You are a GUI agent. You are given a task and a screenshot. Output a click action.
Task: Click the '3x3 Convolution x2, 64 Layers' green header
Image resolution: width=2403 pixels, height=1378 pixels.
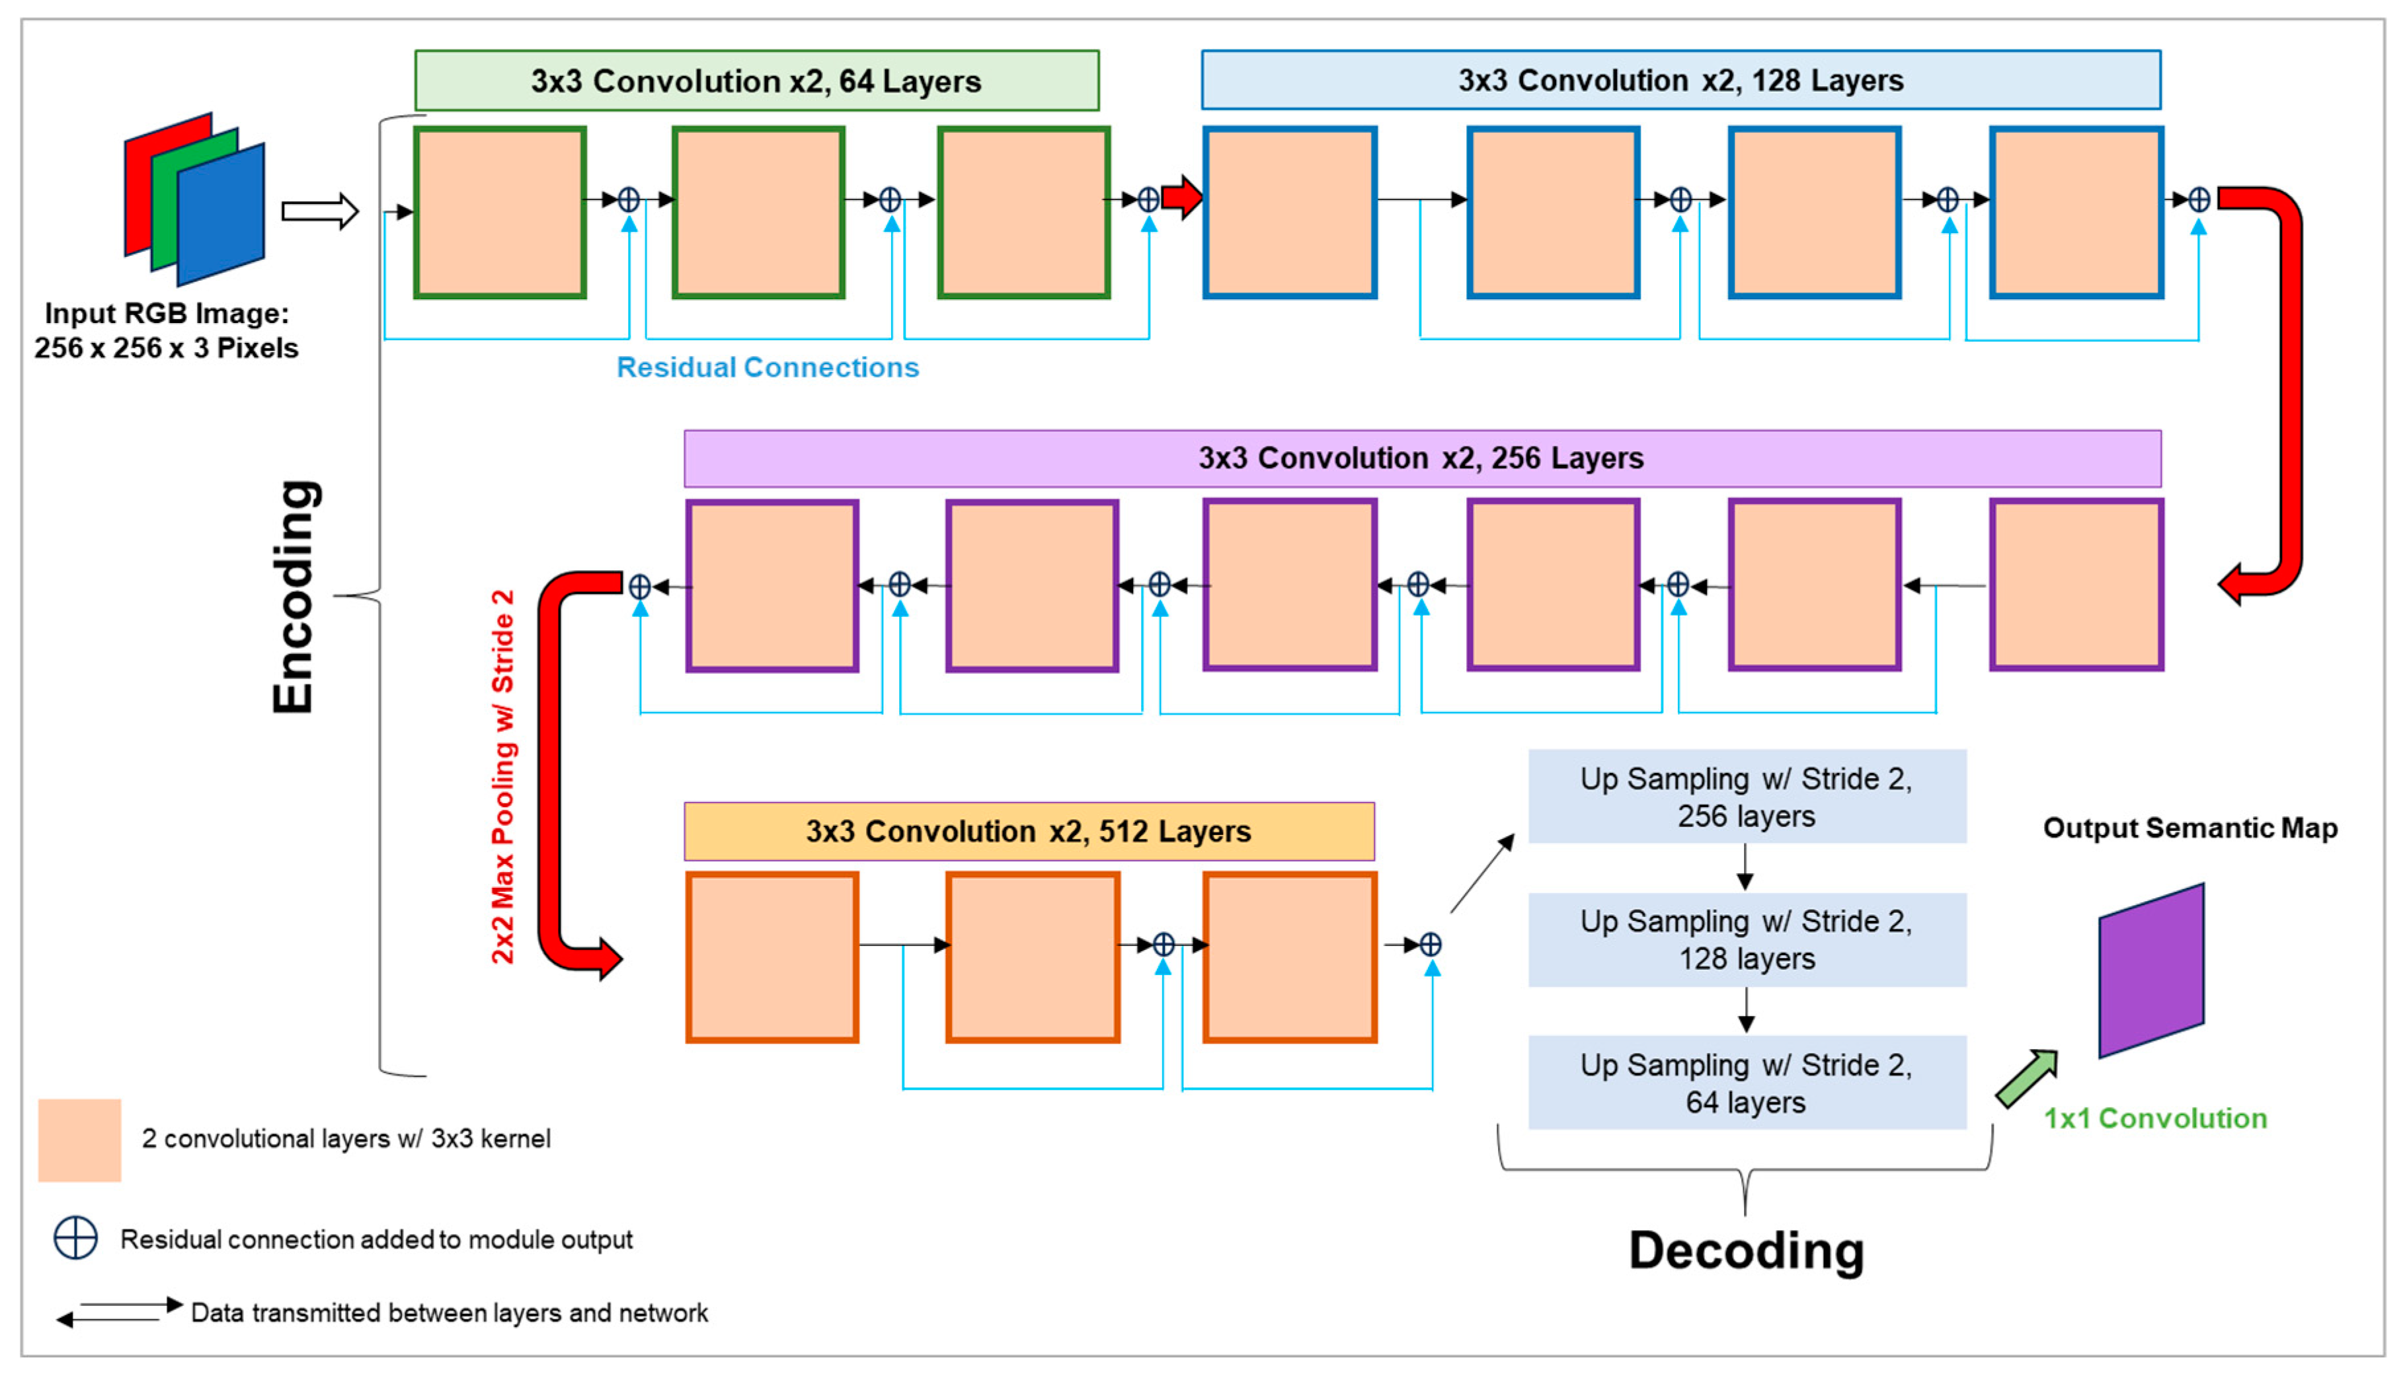point(756,81)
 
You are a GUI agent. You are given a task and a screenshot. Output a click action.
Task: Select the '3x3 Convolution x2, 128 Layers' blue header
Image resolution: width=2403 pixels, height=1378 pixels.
point(1680,81)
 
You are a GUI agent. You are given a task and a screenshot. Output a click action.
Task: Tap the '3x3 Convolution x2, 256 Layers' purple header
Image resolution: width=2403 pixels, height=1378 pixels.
point(1421,458)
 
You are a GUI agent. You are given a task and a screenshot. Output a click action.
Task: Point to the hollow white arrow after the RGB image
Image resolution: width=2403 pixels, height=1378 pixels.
point(320,211)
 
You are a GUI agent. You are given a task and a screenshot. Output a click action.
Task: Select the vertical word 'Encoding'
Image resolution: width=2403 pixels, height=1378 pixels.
point(294,597)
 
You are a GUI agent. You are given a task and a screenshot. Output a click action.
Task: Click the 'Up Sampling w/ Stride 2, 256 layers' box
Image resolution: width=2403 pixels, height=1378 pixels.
point(1746,797)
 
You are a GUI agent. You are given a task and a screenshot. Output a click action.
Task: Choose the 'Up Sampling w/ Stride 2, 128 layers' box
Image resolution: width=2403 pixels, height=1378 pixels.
point(1746,940)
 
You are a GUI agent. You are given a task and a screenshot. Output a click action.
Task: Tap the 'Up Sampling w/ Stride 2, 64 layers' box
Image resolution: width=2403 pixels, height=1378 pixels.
point(1746,1083)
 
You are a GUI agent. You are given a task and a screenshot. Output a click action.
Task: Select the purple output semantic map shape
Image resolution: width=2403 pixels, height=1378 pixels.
point(2151,970)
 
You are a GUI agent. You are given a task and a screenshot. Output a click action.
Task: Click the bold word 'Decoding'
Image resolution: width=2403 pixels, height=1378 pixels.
point(1746,1251)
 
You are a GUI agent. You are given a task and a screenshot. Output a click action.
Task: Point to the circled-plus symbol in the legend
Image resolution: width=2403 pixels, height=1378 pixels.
point(76,1238)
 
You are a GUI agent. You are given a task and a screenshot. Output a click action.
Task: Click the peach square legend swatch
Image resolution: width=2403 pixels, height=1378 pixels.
point(79,1140)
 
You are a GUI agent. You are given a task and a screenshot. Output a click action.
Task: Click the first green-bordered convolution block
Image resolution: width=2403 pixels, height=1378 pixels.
point(500,213)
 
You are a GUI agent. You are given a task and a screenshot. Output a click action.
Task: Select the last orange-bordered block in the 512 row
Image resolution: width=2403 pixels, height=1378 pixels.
point(1290,957)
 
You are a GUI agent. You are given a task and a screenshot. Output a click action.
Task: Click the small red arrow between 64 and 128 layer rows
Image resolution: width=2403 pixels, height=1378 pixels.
point(1181,198)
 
